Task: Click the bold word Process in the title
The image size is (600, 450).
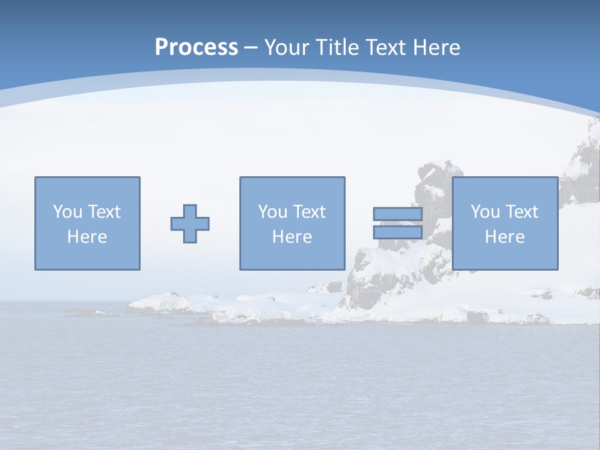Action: point(196,47)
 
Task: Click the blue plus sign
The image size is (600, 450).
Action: point(190,224)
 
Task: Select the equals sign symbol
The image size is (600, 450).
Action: point(397,223)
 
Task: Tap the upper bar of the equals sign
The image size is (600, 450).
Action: point(397,214)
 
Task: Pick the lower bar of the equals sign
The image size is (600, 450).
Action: point(397,232)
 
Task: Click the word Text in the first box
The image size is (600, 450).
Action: point(104,212)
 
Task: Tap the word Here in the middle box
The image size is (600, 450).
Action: point(292,237)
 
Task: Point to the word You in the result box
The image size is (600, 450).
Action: point(485,212)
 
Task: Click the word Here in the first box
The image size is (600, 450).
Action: point(87,237)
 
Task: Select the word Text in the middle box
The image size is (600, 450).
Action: point(309,212)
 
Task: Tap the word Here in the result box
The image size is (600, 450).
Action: point(504,237)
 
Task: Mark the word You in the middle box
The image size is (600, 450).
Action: point(272,212)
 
